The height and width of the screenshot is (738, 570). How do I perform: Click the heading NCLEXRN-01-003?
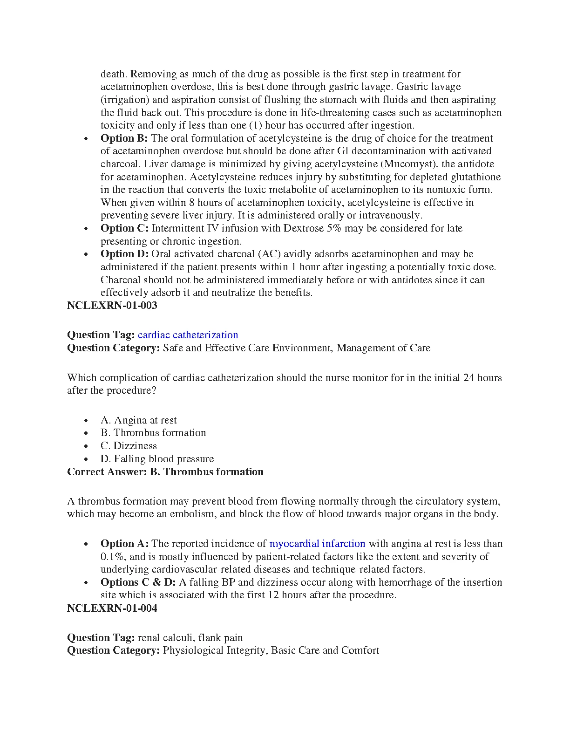[112, 306]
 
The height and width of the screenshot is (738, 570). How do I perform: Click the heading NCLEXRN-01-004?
[112, 608]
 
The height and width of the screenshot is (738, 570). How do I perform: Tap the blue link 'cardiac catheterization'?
[188, 335]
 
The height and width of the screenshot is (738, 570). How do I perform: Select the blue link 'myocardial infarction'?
[317, 543]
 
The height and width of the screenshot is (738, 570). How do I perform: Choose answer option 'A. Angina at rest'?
[139, 420]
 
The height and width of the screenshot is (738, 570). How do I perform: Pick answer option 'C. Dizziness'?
[129, 445]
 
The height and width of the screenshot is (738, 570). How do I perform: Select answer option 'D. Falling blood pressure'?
[157, 458]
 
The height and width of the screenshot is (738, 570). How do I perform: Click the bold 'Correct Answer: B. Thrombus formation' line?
[165, 471]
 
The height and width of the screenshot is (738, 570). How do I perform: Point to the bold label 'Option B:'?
[124, 138]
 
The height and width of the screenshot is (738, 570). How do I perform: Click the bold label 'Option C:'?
[124, 228]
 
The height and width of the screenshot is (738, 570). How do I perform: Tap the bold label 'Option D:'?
[124, 254]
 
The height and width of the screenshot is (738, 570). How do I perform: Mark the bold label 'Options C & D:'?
[138, 582]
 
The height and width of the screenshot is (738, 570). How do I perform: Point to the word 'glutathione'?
[475, 177]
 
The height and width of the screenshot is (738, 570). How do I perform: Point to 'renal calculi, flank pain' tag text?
[190, 637]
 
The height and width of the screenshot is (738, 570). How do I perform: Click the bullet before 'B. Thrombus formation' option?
[86, 433]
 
